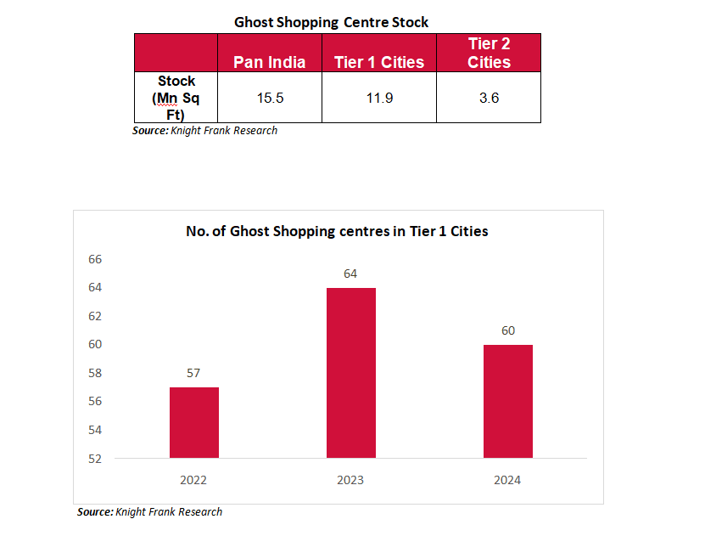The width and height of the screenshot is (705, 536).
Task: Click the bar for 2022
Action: [x=193, y=422]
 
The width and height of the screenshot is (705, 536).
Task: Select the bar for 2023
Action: [x=350, y=373]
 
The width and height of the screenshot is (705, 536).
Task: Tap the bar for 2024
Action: [x=507, y=401]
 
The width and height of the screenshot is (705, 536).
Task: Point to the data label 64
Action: [x=350, y=274]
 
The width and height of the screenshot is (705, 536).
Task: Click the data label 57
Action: [x=193, y=373]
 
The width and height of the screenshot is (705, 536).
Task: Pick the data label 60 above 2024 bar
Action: [x=507, y=330]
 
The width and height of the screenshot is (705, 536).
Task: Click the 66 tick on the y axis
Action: [x=95, y=259]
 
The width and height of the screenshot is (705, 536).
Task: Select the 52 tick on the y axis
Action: [x=95, y=459]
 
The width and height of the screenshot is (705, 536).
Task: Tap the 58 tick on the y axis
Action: [x=95, y=373]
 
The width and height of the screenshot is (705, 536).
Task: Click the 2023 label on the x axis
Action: [x=350, y=480]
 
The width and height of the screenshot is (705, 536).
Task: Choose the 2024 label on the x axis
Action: [x=507, y=480]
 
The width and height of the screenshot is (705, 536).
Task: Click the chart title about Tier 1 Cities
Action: [x=337, y=231]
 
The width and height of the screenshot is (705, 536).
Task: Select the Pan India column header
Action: [x=270, y=62]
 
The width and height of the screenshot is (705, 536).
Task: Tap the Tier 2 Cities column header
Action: [x=489, y=53]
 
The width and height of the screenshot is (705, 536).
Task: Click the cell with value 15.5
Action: [x=270, y=98]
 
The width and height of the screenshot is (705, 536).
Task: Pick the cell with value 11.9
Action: [x=378, y=98]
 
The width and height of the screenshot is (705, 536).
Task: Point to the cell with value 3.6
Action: [x=489, y=98]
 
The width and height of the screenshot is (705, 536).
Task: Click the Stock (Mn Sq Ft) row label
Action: [x=176, y=98]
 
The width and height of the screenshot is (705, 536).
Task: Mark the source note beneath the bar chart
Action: [x=150, y=512]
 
